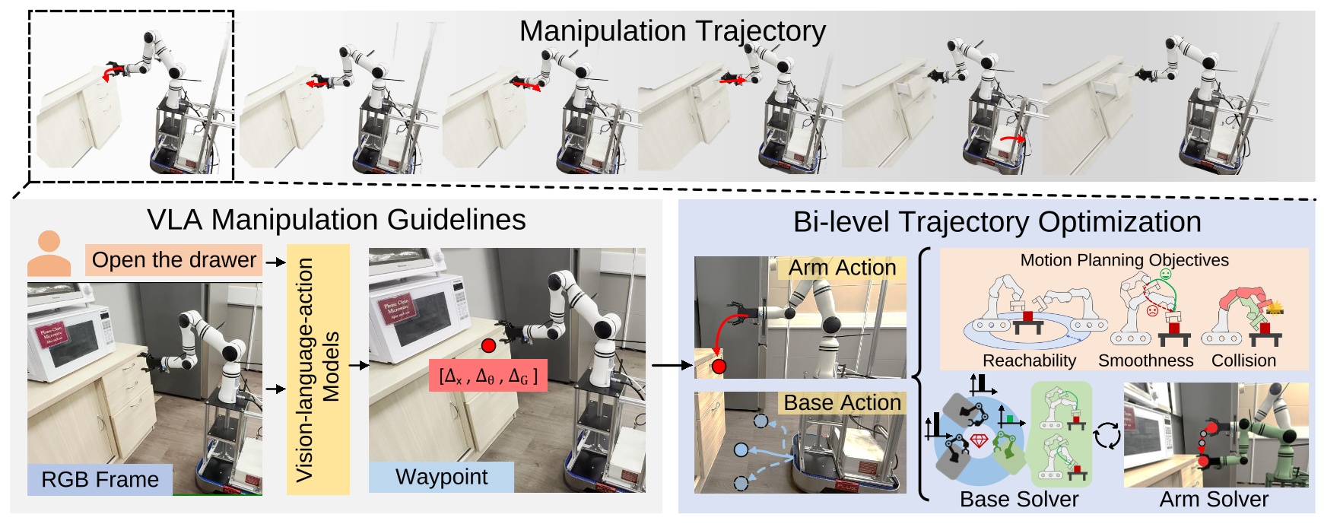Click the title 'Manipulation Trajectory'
(x=672, y=31)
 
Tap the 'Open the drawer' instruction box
(x=173, y=260)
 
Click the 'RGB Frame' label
(x=100, y=479)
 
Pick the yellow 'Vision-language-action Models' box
(x=318, y=370)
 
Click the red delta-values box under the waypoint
(x=487, y=376)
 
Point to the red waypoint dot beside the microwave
(x=488, y=346)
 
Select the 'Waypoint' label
(x=441, y=477)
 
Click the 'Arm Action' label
(x=842, y=268)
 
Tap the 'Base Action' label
(x=842, y=402)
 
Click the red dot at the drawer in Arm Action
(x=719, y=367)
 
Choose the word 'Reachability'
(x=1029, y=360)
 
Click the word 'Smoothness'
(x=1145, y=360)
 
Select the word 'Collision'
(x=1243, y=360)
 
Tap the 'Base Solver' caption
(x=1018, y=500)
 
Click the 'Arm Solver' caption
(x=1214, y=500)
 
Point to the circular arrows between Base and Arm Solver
(x=1107, y=436)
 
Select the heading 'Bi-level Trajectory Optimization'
(x=997, y=222)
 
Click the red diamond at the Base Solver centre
(x=979, y=440)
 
